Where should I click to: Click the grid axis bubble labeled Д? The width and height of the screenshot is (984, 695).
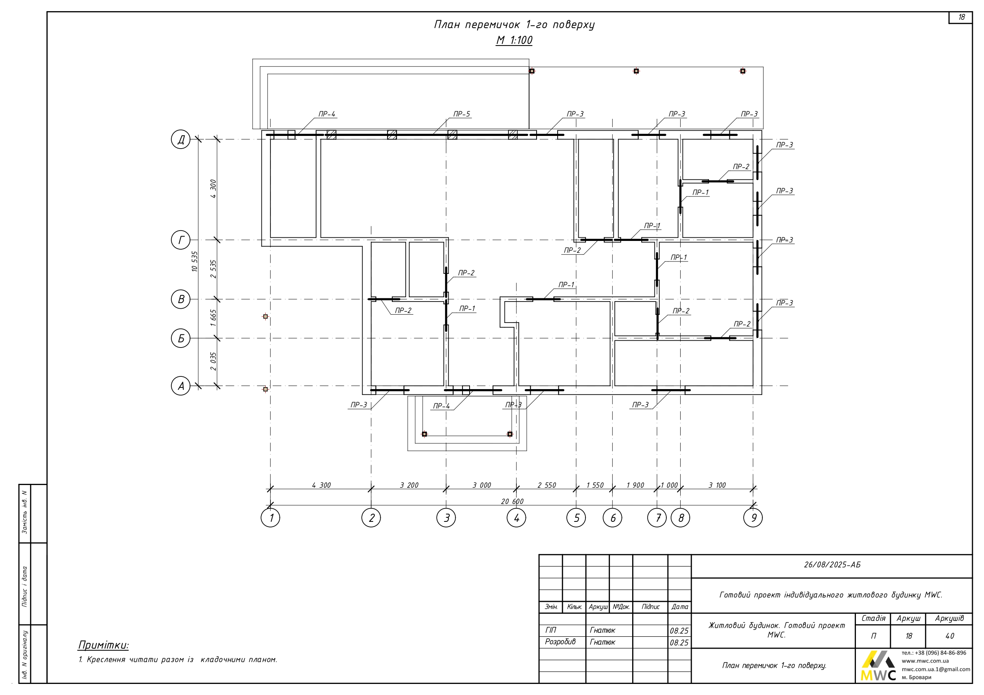point(181,139)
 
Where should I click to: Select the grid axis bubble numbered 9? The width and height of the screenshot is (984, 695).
point(753,518)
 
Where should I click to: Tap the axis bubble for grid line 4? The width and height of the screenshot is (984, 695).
point(516,518)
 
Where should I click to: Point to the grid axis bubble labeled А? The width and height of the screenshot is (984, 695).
point(181,386)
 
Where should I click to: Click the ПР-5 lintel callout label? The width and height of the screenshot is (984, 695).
point(462,114)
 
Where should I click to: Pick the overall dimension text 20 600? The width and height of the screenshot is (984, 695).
point(512,502)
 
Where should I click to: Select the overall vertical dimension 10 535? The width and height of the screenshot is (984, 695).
point(195,261)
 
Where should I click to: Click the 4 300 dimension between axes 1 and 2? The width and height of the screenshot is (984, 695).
point(321,485)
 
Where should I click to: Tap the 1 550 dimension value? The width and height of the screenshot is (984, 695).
point(595,485)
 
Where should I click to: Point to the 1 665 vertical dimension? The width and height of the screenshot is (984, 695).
point(213,318)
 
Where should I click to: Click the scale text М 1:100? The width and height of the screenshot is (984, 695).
point(514,40)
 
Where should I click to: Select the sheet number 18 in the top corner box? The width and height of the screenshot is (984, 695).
point(961,17)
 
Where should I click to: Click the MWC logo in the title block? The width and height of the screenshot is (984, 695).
point(878,666)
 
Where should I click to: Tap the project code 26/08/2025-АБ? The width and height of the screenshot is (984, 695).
point(832,565)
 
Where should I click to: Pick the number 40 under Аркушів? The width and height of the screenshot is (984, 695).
point(950,636)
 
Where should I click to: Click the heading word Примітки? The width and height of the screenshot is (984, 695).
point(103,645)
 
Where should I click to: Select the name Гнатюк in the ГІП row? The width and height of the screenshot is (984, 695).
point(602,630)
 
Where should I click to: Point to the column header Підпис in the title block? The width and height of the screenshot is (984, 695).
point(650,607)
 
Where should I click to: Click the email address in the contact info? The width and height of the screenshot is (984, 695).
point(936,669)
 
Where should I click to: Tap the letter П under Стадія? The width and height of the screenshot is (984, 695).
point(873,636)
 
